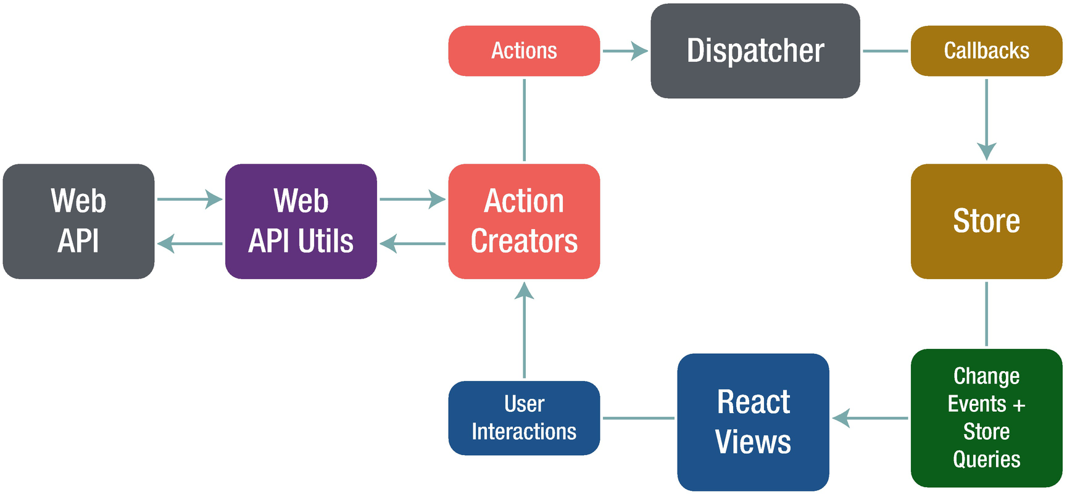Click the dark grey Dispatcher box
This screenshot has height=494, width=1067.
pos(755,51)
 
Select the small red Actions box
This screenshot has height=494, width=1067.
pos(524,51)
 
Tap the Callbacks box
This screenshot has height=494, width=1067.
pos(986,51)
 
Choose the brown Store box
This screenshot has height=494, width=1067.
pos(986,221)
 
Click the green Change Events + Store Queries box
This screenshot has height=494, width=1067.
pos(986,418)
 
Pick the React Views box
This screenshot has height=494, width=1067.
pos(753,422)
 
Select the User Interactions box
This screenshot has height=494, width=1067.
pos(524,418)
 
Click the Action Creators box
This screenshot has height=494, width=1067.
pos(524,221)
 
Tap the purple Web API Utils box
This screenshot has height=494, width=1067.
pos(301,221)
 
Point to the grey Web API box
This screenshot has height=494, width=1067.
pos(78,221)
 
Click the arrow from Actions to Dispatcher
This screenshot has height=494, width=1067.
pos(625,51)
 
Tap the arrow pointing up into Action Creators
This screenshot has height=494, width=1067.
pos(524,330)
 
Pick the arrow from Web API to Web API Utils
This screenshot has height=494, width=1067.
pos(189,199)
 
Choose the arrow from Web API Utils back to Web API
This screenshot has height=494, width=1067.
pos(189,243)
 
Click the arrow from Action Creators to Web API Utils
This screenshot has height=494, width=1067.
pos(412,243)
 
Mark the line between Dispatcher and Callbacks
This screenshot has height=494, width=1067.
pos(885,51)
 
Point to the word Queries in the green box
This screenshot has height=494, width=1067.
pos(986,459)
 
